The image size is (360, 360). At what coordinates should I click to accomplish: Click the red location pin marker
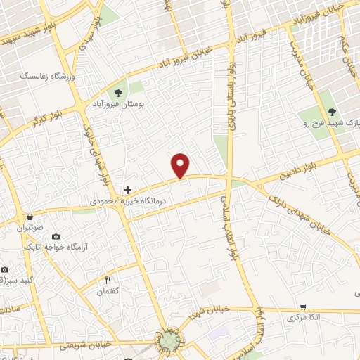click(x=181, y=165)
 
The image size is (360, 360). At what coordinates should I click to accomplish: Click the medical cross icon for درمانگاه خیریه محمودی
click(x=127, y=190)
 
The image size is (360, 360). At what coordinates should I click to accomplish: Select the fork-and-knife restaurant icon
click(x=108, y=280)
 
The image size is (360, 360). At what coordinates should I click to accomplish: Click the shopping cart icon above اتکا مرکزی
click(x=303, y=307)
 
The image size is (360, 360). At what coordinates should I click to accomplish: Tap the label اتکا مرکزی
click(x=304, y=318)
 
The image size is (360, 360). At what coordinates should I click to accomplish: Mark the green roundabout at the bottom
click(x=169, y=342)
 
